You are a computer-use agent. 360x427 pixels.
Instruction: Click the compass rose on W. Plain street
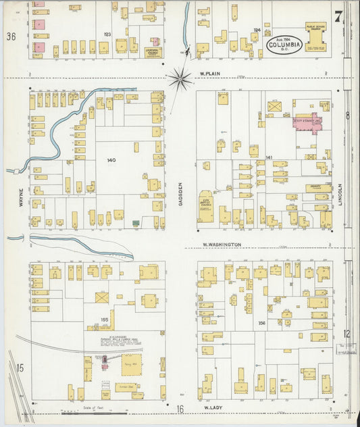180,79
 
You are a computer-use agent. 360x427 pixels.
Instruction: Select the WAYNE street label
20,180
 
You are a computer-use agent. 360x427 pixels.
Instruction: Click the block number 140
111,160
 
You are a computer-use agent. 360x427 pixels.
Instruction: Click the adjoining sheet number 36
11,36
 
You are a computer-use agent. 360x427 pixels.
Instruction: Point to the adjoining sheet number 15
20,368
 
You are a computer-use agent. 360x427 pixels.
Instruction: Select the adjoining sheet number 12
346,333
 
